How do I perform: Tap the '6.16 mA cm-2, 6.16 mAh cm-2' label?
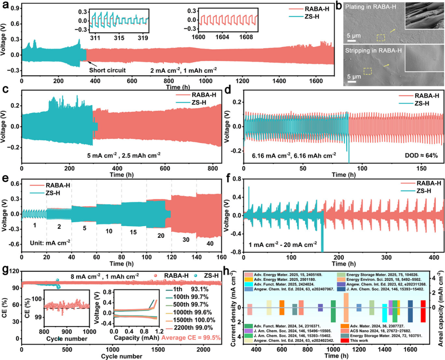pos(291,154)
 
